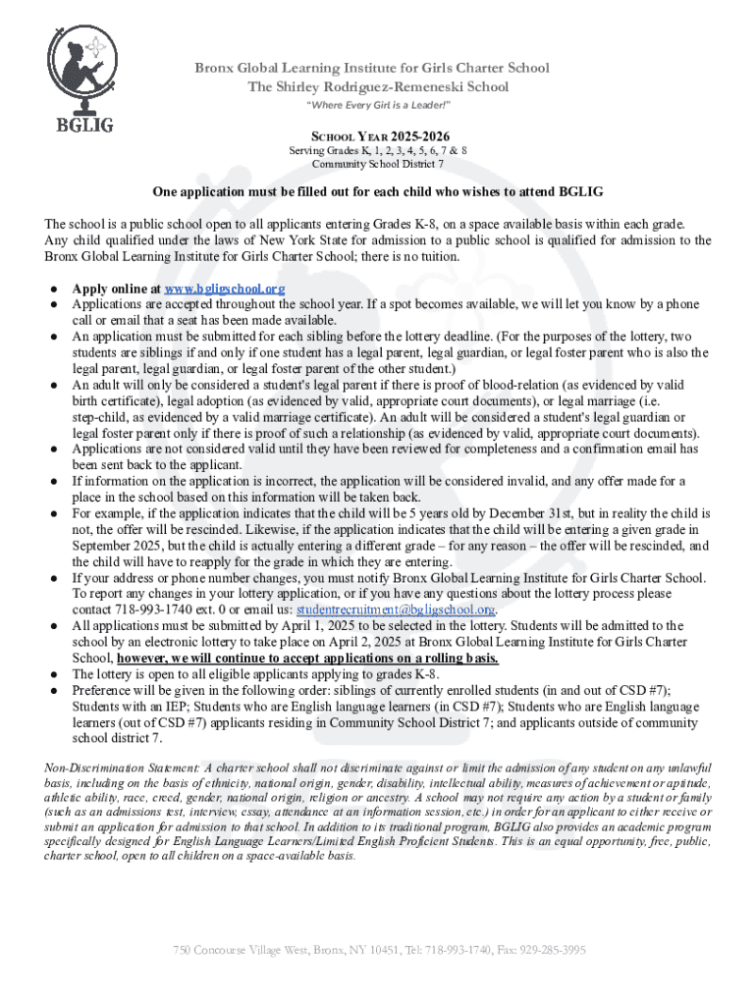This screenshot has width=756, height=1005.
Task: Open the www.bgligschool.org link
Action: point(224,289)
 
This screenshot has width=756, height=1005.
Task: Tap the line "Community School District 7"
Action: point(378,164)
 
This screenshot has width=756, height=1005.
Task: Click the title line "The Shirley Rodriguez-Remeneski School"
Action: point(378,86)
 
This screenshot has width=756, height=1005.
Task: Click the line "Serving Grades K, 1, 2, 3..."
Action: point(378,150)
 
